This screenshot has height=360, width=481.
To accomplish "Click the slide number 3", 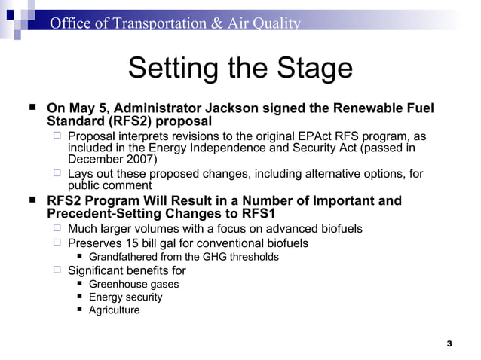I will tap(449, 343).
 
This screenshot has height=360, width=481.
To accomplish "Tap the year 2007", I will tap(139, 160).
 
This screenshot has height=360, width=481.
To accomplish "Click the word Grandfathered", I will tap(125, 257).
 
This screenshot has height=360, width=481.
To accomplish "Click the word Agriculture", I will tap(114, 310).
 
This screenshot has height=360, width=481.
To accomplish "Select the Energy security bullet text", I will tap(125, 297).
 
